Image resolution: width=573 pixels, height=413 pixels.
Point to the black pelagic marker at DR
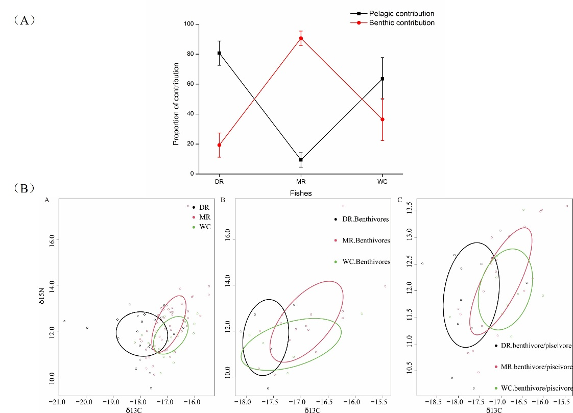click(220, 53)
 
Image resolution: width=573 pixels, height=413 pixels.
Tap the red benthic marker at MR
click(301, 38)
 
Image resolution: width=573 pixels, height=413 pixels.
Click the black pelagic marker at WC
click(383, 79)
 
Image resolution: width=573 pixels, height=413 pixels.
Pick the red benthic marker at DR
click(220, 145)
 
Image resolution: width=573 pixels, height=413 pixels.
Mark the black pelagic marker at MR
click(301, 160)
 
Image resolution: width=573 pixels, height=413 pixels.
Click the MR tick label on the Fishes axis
click(301, 182)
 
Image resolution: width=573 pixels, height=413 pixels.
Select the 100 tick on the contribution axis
click(188, 24)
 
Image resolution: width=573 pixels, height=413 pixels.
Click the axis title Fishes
click(301, 193)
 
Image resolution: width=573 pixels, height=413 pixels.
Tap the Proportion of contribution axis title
click(176, 104)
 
